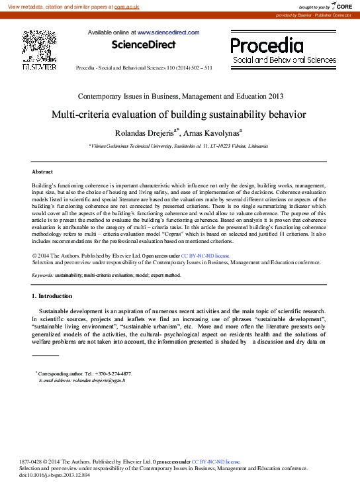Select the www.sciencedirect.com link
pos(168,32)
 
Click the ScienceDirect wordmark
pos(144,45)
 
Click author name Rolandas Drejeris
pos(144,133)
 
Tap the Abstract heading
pos(42,172)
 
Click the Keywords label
pos(42,274)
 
